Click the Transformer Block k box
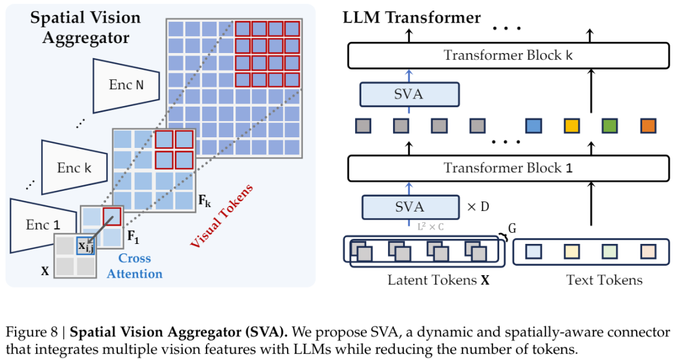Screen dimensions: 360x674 pyautogui.click(x=508, y=56)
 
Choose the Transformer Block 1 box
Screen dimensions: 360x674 pyautogui.click(x=508, y=168)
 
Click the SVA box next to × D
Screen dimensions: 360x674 pyautogui.click(x=409, y=207)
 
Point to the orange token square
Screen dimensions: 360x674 pyautogui.click(x=648, y=125)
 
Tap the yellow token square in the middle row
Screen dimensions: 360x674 pyautogui.click(x=572, y=125)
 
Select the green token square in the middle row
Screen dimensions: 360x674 pyautogui.click(x=610, y=125)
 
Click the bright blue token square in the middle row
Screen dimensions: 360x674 pyautogui.click(x=533, y=125)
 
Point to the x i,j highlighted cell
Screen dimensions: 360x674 pyautogui.click(x=85, y=246)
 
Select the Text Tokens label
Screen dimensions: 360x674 pyautogui.click(x=604, y=280)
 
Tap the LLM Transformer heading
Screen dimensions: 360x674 pyautogui.click(x=412, y=17)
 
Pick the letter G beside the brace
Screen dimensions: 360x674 pyautogui.click(x=512, y=229)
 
